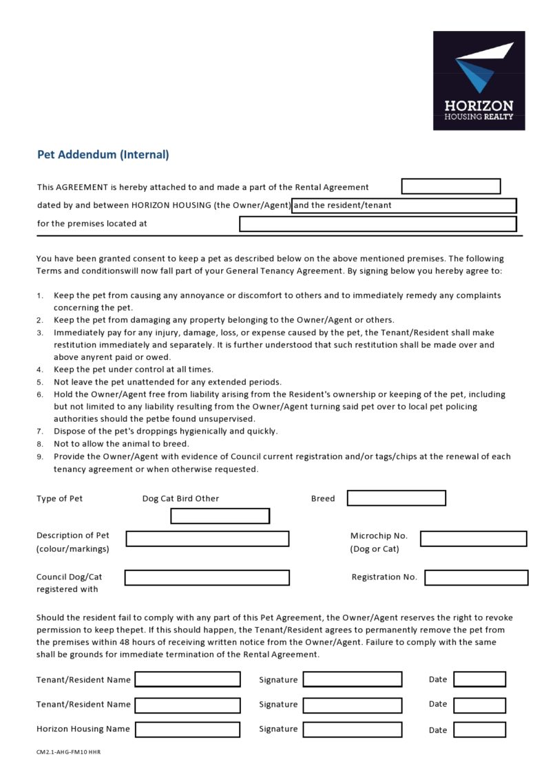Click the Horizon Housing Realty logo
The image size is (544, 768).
(x=479, y=81)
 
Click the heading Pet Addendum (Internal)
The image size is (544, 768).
(x=103, y=155)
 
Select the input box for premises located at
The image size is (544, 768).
(x=377, y=224)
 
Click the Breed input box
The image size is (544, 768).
(x=396, y=498)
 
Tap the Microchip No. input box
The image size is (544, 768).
(x=473, y=539)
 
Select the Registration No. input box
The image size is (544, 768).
(x=476, y=577)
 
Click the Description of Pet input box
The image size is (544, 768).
(x=207, y=539)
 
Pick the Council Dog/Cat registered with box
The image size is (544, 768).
(x=207, y=577)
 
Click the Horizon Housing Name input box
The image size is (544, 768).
(x=187, y=729)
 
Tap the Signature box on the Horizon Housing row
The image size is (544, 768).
(x=352, y=729)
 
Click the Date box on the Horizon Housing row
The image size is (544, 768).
(x=479, y=729)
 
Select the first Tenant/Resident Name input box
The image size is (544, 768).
(x=187, y=680)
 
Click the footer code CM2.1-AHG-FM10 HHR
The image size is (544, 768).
(x=68, y=752)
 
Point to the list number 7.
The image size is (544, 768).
(x=40, y=431)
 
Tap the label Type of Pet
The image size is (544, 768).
(x=59, y=499)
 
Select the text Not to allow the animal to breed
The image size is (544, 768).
(x=121, y=444)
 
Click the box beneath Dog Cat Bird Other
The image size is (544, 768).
(x=220, y=516)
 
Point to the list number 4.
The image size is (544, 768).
(x=40, y=370)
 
